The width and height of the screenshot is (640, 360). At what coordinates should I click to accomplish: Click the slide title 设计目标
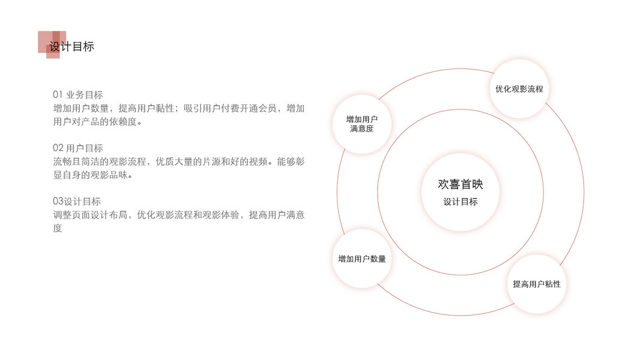(71, 47)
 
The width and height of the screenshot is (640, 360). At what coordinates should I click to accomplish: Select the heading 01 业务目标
(78, 95)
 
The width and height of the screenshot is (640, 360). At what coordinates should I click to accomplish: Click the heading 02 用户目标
(78, 148)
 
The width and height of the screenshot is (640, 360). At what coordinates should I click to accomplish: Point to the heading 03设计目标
(77, 202)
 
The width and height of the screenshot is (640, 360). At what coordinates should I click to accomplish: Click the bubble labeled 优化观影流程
(519, 89)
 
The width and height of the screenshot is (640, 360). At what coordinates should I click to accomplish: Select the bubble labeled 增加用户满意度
(362, 124)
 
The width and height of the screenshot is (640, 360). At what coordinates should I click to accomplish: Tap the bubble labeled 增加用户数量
(362, 259)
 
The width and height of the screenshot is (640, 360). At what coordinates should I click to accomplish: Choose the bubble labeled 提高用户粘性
(537, 284)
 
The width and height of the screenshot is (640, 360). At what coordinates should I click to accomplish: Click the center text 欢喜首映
(460, 184)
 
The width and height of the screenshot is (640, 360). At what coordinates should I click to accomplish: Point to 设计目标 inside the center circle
(460, 202)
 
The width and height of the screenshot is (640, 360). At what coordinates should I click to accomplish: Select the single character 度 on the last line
(58, 228)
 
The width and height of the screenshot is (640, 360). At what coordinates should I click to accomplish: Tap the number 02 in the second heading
(58, 148)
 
